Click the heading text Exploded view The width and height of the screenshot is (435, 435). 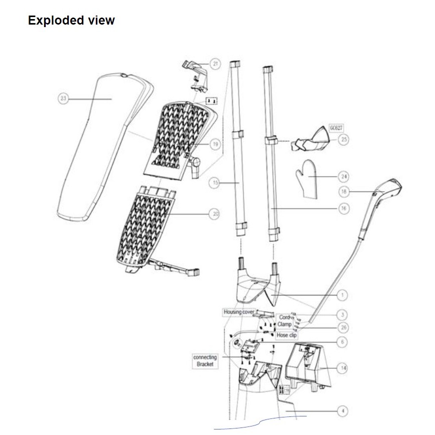[71, 21]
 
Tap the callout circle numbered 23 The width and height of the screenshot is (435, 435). [63, 99]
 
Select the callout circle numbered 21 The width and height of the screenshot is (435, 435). [215, 64]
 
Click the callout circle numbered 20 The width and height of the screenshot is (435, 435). [215, 214]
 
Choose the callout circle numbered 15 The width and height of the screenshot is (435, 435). [215, 184]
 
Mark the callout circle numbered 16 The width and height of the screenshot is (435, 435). [343, 208]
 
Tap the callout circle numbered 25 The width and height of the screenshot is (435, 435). [343, 140]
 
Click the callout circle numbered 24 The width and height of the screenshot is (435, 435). [343, 177]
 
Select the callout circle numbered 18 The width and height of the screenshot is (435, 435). [343, 192]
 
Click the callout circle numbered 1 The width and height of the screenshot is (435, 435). [343, 295]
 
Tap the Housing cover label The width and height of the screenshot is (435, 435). [239, 312]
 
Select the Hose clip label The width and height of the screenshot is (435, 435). [286, 335]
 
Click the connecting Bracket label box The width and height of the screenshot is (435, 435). [205, 361]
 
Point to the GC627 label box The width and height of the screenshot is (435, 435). [336, 128]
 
